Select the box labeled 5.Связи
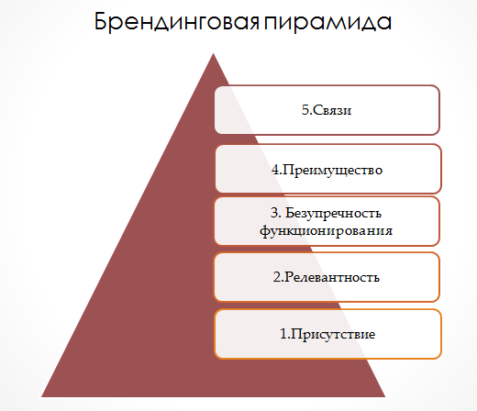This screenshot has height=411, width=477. pyautogui.click(x=327, y=110)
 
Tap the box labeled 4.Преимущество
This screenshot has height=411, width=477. pyautogui.click(x=327, y=170)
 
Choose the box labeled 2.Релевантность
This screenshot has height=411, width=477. pyautogui.click(x=327, y=276)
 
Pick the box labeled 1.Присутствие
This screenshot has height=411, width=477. pyautogui.click(x=327, y=334)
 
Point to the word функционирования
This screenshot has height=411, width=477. pyautogui.click(x=327, y=231)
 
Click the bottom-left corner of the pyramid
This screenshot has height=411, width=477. pyautogui.click(x=43, y=395)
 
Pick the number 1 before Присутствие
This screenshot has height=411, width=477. pyautogui.click(x=283, y=334)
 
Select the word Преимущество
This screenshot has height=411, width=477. pyautogui.click(x=333, y=170)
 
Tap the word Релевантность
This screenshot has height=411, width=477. pyautogui.click(x=333, y=276)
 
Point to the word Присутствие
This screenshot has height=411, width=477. pyautogui.click(x=333, y=334)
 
